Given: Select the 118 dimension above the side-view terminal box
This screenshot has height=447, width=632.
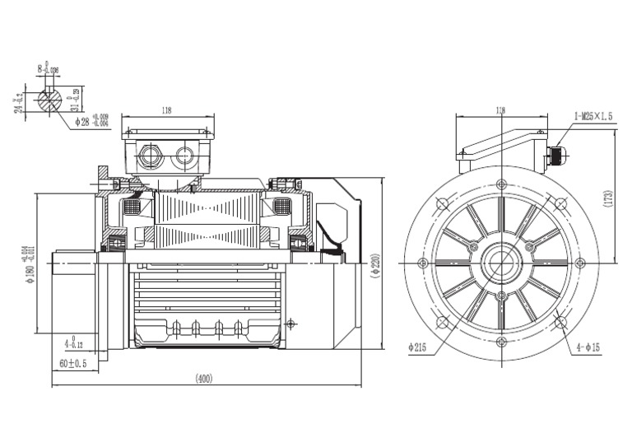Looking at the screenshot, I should click(x=168, y=109).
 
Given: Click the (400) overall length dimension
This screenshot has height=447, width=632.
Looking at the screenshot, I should click(x=203, y=379).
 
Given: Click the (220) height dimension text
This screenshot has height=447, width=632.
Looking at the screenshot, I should click(x=374, y=263).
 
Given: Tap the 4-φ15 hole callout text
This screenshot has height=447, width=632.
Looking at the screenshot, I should click(x=587, y=348).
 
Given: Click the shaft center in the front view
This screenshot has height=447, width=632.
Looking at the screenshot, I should click(x=500, y=263).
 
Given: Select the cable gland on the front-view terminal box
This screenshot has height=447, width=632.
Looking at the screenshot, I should click(x=556, y=153).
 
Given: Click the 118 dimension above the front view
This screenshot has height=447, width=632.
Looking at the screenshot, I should click(x=500, y=109).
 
